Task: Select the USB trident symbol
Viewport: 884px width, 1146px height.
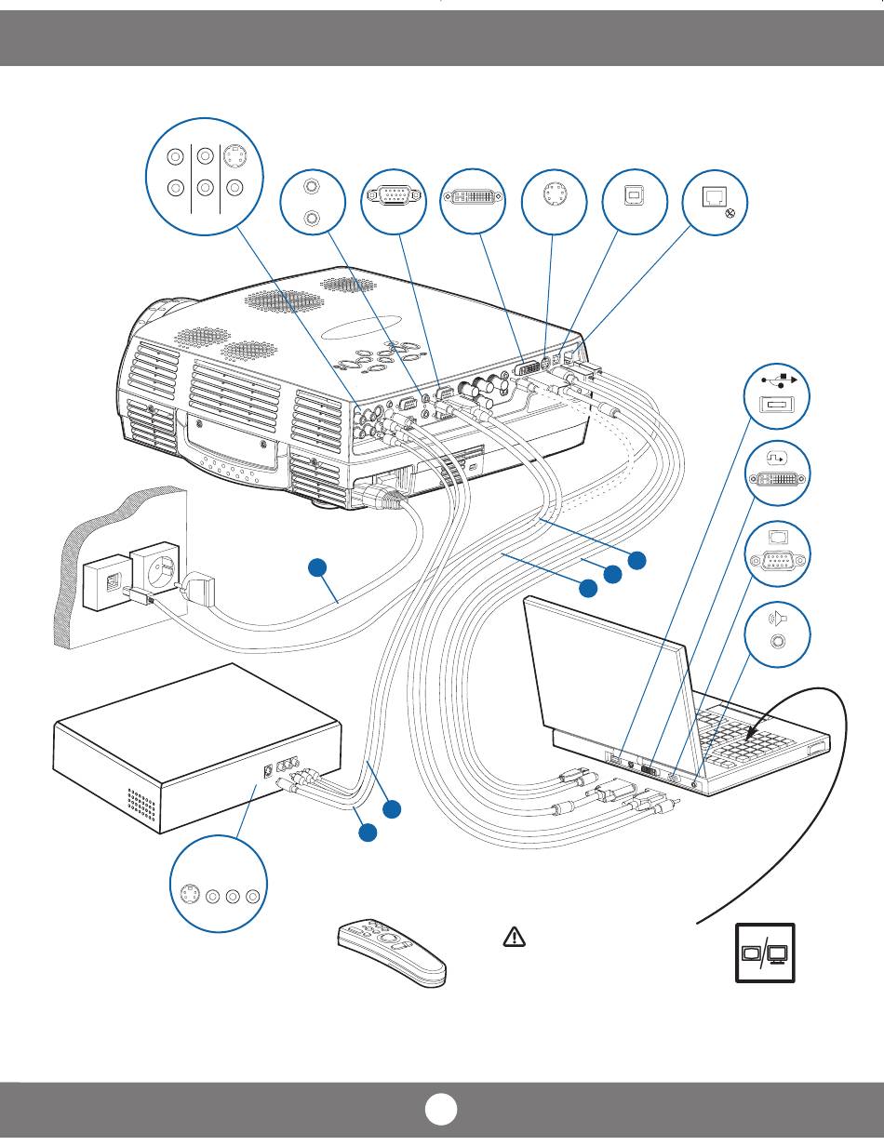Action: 778,380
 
